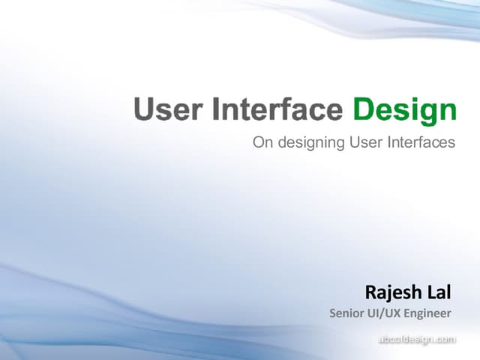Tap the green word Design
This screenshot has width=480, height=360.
point(404,110)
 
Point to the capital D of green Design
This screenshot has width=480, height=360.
point(363,110)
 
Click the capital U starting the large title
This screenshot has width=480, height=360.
point(145,110)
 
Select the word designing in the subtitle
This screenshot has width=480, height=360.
point(307,143)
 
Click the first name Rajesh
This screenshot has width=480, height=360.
point(392,291)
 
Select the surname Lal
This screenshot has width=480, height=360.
point(439,291)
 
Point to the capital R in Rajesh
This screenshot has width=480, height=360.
point(370,291)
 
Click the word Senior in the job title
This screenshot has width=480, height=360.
point(346,313)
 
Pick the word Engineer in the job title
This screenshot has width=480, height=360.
point(428,313)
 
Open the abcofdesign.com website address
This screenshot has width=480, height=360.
point(416,340)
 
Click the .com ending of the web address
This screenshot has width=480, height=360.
point(443,340)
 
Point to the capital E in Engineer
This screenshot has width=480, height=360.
point(408,313)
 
